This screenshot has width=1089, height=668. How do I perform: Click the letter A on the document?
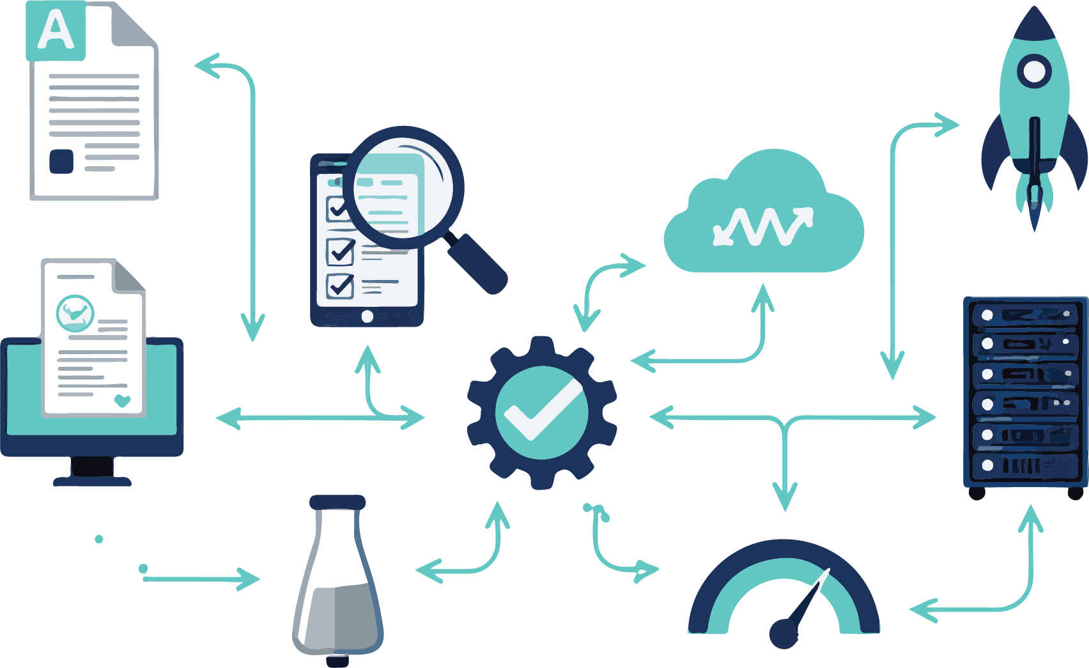point(56,31)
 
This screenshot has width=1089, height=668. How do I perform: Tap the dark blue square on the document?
point(61,161)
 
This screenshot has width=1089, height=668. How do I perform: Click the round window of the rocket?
point(1034,71)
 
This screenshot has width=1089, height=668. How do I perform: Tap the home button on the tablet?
point(367,316)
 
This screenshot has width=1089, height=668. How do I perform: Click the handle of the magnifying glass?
point(477,263)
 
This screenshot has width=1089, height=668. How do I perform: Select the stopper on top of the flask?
point(337,502)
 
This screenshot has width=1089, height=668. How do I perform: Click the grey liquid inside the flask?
point(339,617)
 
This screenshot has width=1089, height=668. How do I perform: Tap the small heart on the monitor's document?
point(121,401)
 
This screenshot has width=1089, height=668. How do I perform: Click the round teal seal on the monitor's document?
point(75,313)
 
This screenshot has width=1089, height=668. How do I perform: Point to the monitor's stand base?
point(93,481)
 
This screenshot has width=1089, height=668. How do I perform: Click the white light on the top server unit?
point(987,315)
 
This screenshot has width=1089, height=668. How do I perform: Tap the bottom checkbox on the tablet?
point(340,286)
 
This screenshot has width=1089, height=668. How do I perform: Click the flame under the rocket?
point(1034,205)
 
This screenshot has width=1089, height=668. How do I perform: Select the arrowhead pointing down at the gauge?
point(785,498)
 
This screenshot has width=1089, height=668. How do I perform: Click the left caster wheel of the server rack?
point(977,493)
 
